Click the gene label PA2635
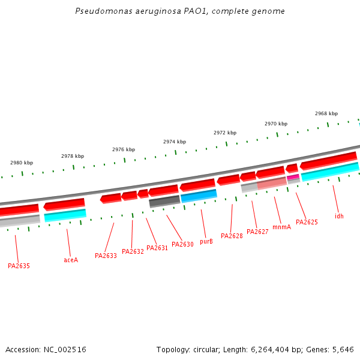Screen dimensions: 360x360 19,265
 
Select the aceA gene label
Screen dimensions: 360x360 71,260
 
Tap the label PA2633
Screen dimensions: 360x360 106,256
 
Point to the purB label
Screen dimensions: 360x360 206,241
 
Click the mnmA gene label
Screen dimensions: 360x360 281,227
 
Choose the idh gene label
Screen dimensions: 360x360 340,216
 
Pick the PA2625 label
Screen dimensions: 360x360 307,222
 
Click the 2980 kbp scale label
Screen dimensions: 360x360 22,163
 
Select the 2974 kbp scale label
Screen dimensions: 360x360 175,142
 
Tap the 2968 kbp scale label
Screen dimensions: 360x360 326,113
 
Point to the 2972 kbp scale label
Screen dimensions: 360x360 225,133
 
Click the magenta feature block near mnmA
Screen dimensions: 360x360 293,177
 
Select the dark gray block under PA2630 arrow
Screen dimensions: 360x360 164,201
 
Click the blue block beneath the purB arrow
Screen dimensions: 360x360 199,196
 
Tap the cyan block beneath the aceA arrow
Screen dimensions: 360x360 65,214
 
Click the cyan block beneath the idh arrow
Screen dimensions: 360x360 330,172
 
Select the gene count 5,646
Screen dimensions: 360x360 342,349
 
